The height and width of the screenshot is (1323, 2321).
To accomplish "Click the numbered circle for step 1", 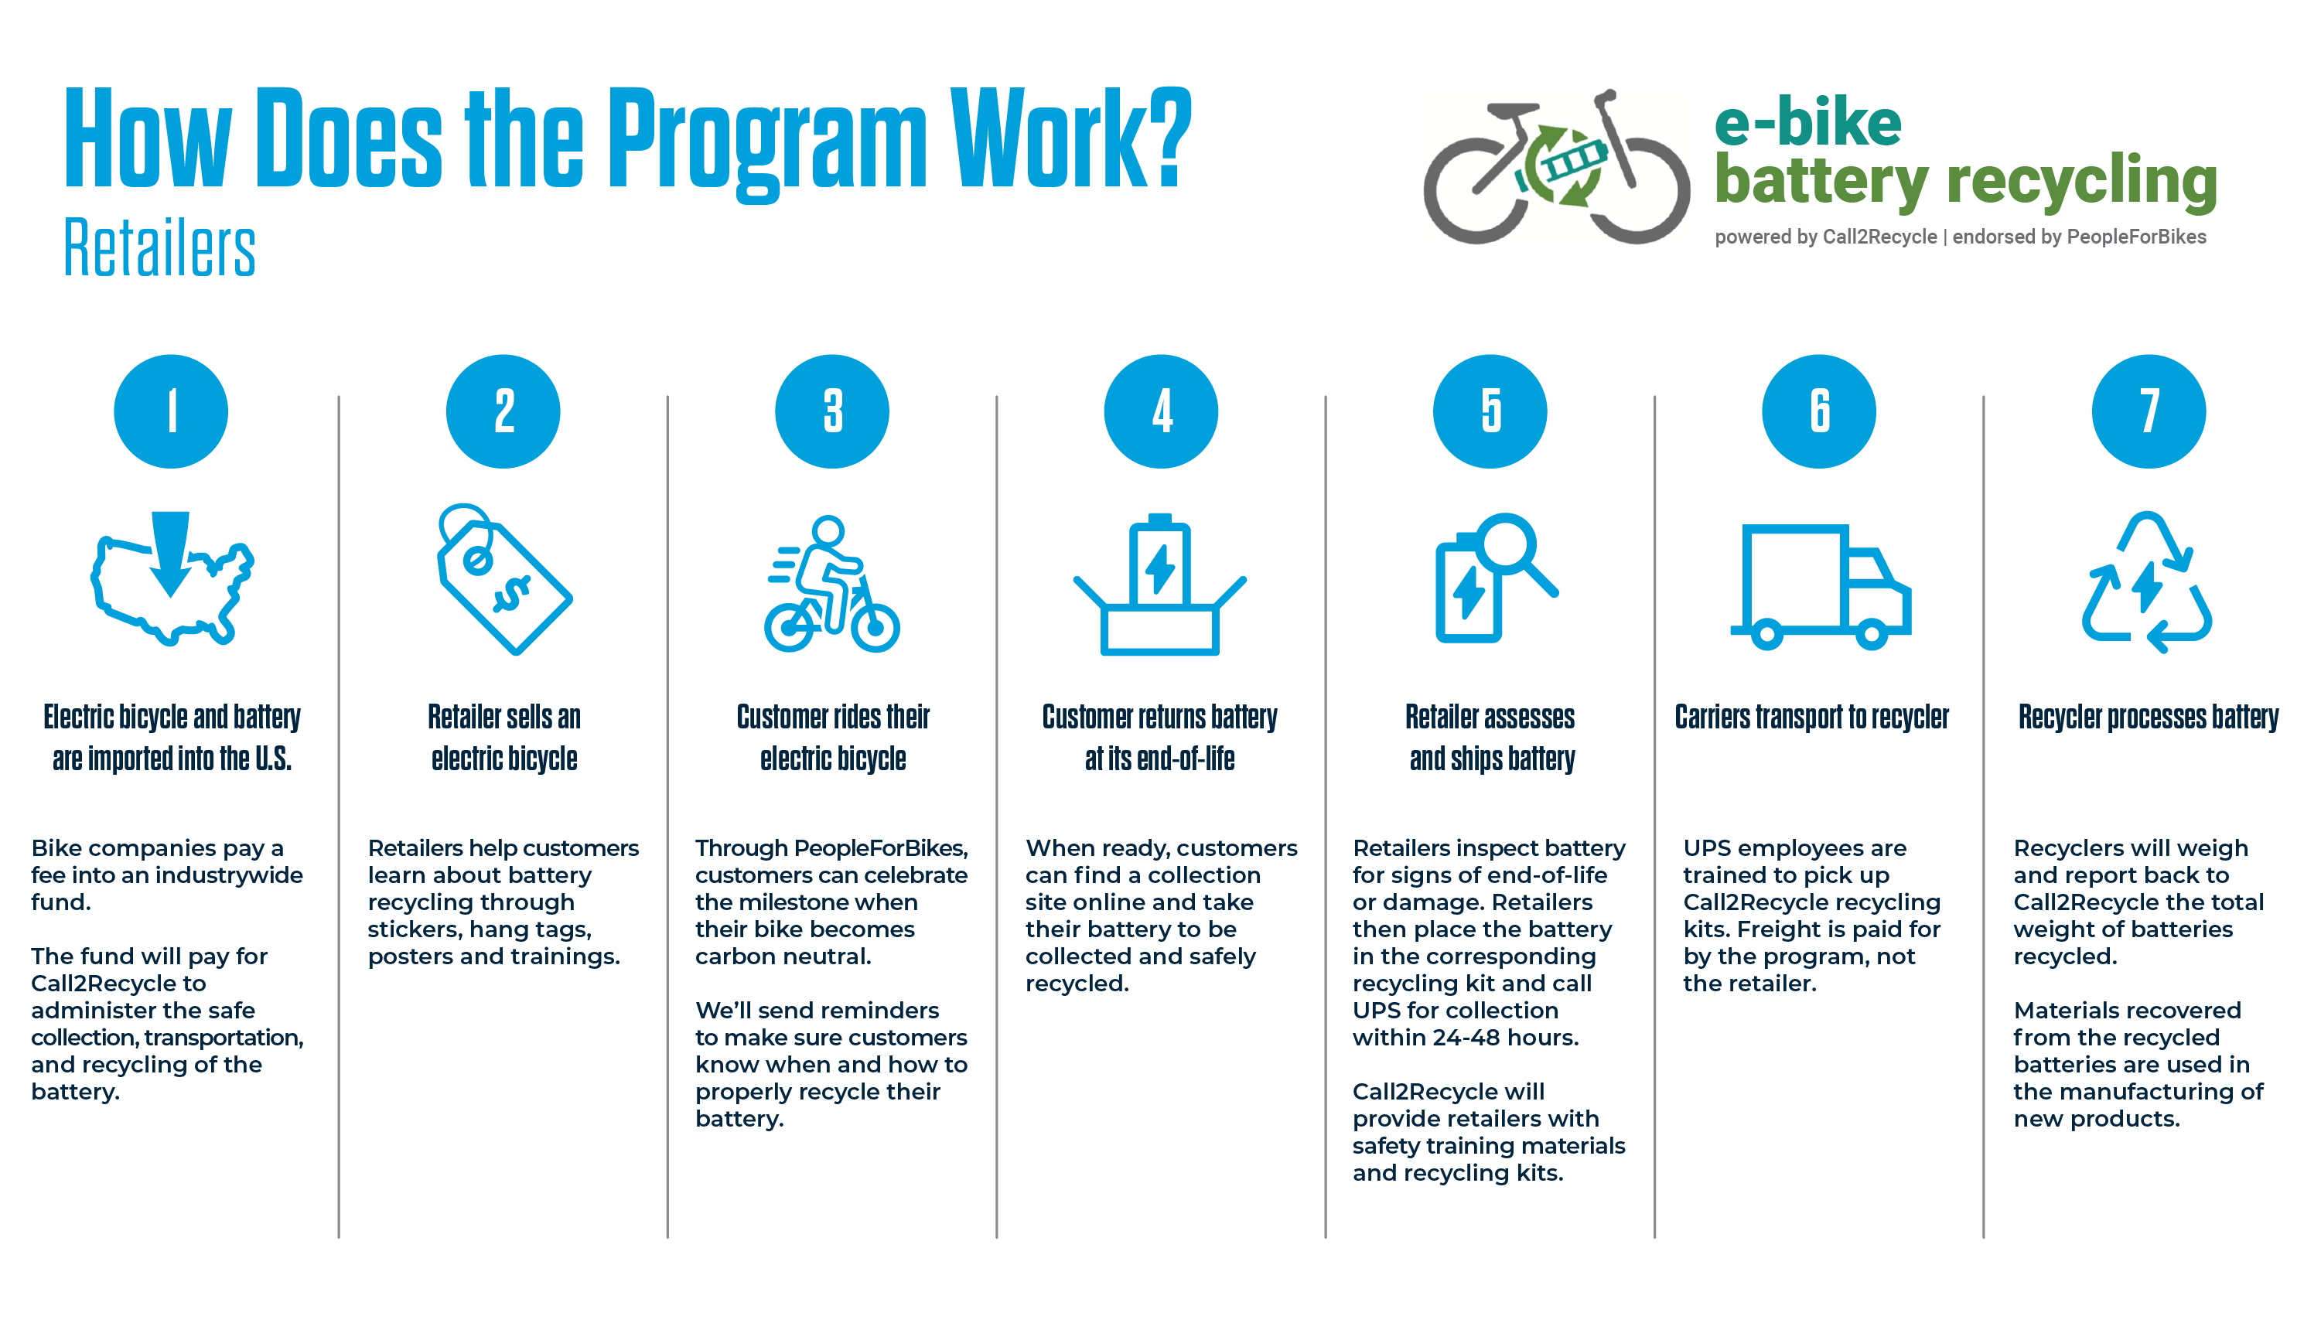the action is click(171, 411).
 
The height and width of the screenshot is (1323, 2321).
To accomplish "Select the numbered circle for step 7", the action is click(2149, 411).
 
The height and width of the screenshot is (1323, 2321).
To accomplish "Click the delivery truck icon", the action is click(1821, 586).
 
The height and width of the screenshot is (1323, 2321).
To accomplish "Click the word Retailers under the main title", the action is click(160, 247).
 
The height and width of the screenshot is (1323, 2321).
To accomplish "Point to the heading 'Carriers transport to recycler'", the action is click(1811, 717).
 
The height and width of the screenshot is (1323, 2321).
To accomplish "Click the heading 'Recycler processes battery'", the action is click(2149, 717).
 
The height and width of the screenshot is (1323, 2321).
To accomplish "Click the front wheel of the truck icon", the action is click(1871, 634).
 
